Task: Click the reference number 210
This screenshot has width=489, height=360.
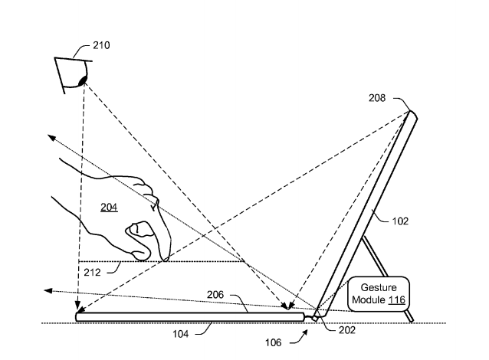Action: [x=100, y=44]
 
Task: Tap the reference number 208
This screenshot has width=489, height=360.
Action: [x=399, y=99]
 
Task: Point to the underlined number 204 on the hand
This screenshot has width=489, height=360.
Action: [x=109, y=208]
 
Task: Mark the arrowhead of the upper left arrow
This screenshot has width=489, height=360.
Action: [x=48, y=136]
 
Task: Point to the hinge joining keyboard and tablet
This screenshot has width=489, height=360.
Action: [x=314, y=313]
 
